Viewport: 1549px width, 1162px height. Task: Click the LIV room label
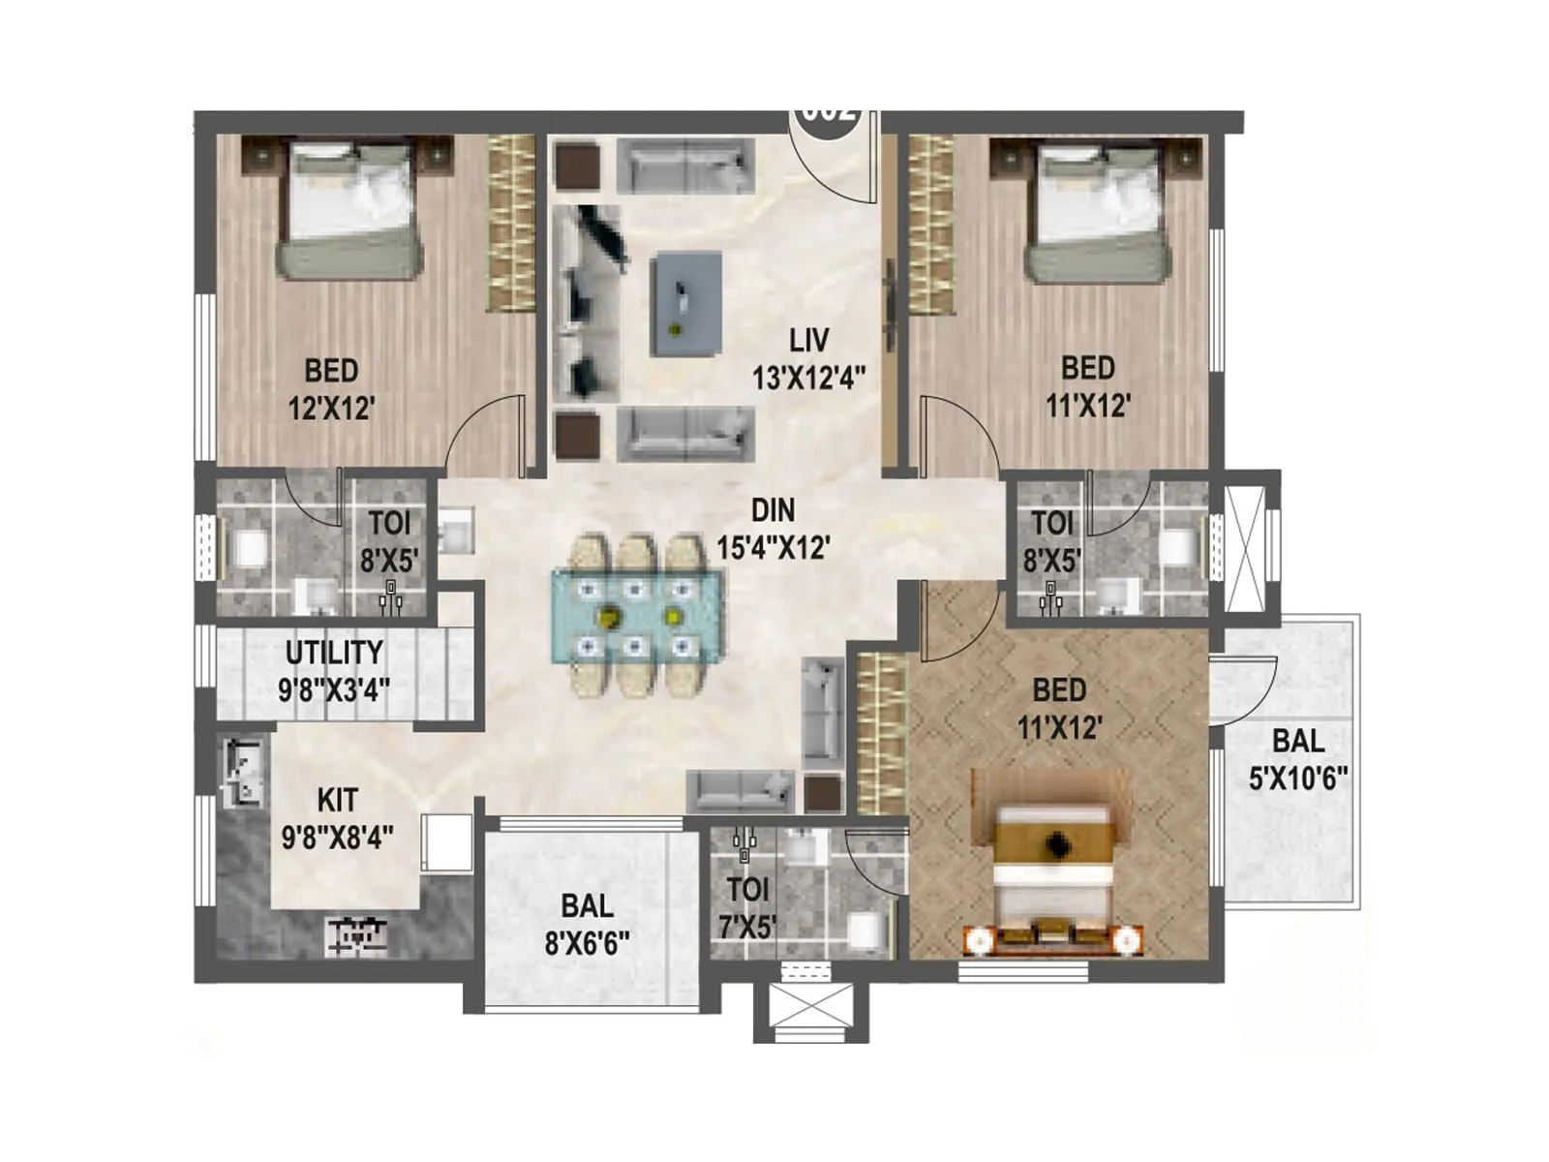tap(808, 341)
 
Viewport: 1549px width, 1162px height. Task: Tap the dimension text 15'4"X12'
tap(773, 548)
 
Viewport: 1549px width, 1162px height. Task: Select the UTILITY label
tap(334, 653)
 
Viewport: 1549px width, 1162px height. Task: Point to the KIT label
tap(337, 800)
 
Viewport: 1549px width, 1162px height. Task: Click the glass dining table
tap(636, 616)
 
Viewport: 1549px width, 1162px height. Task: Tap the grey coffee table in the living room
tap(687, 303)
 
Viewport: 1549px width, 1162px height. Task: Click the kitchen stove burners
tap(358, 935)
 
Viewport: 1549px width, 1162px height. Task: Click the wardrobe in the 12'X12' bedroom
tap(510, 223)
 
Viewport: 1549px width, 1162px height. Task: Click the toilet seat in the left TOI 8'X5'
tap(249, 549)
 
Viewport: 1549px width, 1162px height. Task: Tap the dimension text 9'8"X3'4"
tap(334, 689)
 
